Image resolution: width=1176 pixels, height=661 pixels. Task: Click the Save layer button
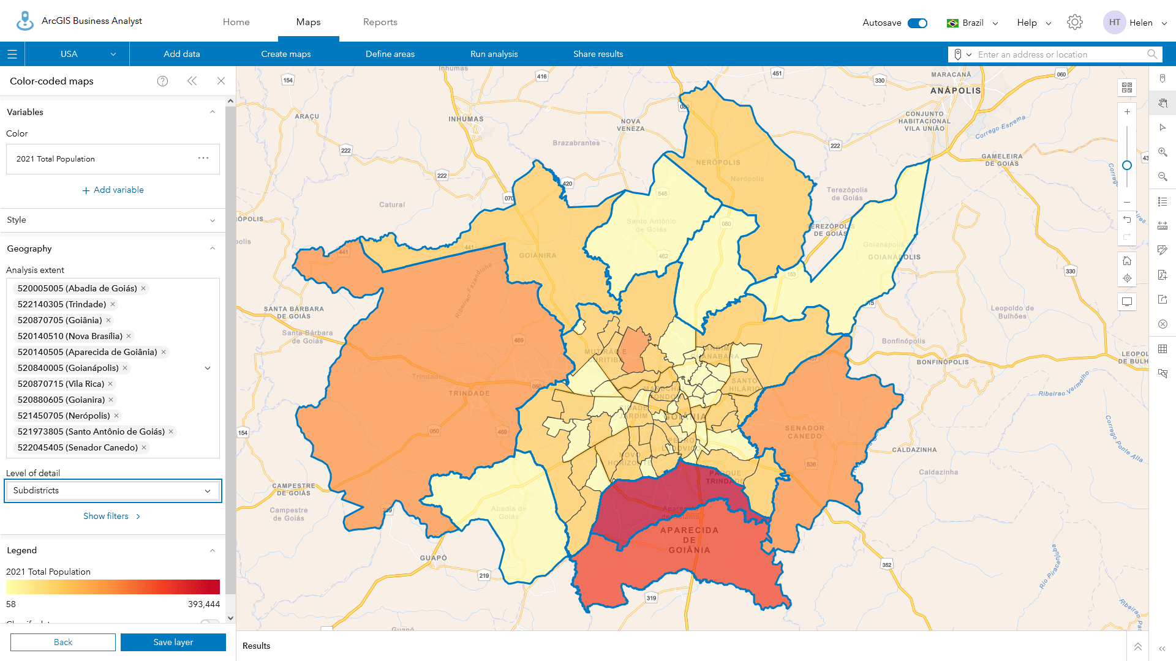pyautogui.click(x=173, y=642)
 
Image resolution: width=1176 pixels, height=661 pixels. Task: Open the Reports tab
pyautogui.click(x=380, y=22)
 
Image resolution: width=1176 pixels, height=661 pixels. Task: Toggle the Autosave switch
pyautogui.click(x=917, y=23)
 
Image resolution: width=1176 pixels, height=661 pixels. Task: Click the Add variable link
pyautogui.click(x=113, y=190)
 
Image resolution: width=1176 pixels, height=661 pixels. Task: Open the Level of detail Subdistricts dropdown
pyautogui.click(x=113, y=491)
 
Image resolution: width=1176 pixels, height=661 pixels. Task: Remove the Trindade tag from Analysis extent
pyautogui.click(x=113, y=305)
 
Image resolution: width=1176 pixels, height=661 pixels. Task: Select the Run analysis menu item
pyautogui.click(x=494, y=54)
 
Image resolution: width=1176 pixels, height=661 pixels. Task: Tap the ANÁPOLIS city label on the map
pyautogui.click(x=956, y=91)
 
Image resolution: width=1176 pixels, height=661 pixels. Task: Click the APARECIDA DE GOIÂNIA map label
pyautogui.click(x=689, y=540)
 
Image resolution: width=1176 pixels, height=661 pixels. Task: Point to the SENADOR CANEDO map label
pyautogui.click(x=804, y=432)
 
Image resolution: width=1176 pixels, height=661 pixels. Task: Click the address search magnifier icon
pyautogui.click(x=1152, y=54)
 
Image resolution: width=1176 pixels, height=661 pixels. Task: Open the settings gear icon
pyautogui.click(x=1074, y=23)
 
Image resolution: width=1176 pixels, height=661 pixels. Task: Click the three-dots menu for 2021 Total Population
pyautogui.click(x=203, y=159)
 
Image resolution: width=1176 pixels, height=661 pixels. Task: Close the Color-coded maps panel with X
pyautogui.click(x=221, y=81)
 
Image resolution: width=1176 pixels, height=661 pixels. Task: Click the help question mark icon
pyautogui.click(x=162, y=81)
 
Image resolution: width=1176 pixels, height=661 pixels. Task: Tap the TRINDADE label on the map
pyautogui.click(x=469, y=394)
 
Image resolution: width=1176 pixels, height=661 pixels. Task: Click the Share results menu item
pyautogui.click(x=598, y=54)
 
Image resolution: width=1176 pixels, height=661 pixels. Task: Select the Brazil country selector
pyautogui.click(x=972, y=23)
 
